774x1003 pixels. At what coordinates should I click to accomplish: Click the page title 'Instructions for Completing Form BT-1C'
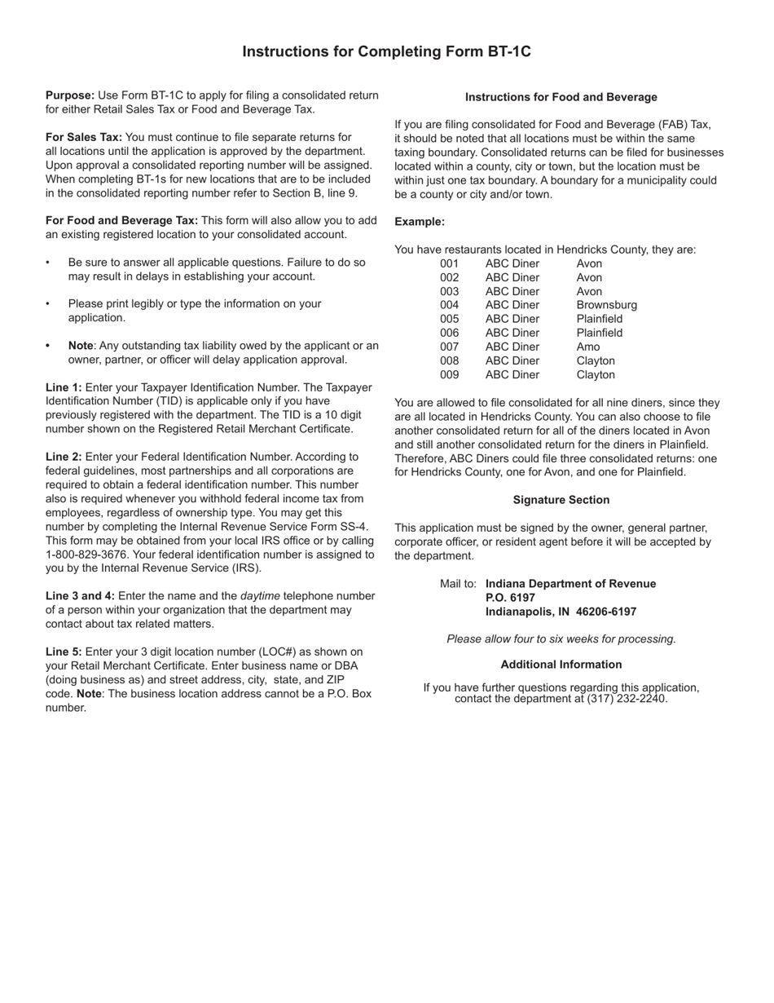pyautogui.click(x=386, y=51)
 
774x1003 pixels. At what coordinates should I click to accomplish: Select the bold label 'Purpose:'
pyautogui.click(x=70, y=95)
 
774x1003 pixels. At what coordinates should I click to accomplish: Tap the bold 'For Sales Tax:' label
pyautogui.click(x=84, y=137)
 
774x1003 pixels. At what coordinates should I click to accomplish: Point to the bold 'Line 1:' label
pyautogui.click(x=64, y=387)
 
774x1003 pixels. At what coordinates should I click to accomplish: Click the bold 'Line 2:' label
pyautogui.click(x=64, y=457)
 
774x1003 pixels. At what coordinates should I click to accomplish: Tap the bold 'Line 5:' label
pyautogui.click(x=64, y=652)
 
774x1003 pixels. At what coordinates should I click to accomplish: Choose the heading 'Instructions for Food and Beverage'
pyautogui.click(x=561, y=97)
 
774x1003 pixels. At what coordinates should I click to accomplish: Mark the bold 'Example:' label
pyautogui.click(x=420, y=222)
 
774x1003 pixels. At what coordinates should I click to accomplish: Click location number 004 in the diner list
pyautogui.click(x=449, y=305)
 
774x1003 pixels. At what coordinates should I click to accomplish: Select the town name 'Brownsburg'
pyautogui.click(x=606, y=305)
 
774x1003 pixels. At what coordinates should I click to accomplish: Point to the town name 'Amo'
pyautogui.click(x=587, y=347)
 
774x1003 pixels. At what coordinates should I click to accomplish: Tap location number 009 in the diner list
pyautogui.click(x=449, y=375)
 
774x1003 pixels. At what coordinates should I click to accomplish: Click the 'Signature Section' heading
pyautogui.click(x=561, y=500)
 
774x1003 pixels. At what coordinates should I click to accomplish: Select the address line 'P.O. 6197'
pyautogui.click(x=510, y=598)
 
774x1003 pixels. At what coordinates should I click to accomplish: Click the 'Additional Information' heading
pyautogui.click(x=561, y=665)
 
